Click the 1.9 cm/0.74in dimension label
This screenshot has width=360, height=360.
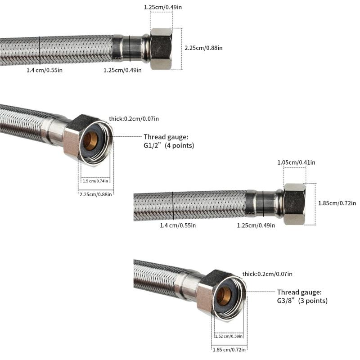click(x=95, y=181)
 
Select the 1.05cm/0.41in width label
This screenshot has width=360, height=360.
click(x=296, y=162)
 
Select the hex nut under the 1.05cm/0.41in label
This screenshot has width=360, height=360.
click(x=295, y=204)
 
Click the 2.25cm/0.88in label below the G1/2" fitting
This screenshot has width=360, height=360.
click(x=95, y=194)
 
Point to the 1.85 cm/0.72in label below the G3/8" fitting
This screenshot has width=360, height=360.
click(x=228, y=349)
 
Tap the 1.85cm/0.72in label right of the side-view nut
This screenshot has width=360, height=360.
click(x=337, y=203)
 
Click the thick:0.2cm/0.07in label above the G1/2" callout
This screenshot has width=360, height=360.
click(x=134, y=119)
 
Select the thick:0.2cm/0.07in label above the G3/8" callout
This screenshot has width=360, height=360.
click(x=267, y=274)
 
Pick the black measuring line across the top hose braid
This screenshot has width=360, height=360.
click(x=40, y=50)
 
